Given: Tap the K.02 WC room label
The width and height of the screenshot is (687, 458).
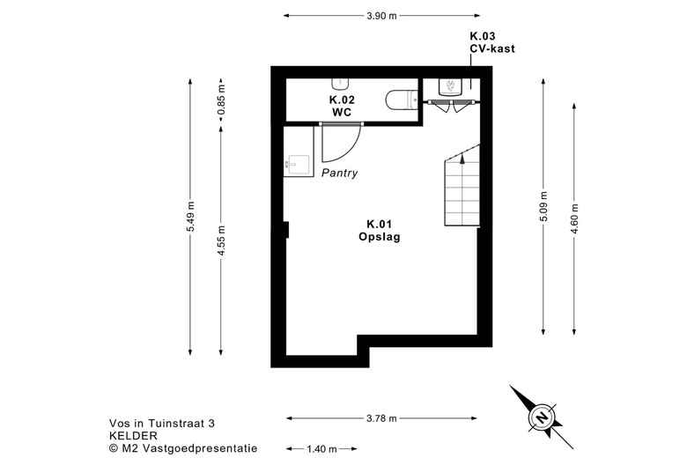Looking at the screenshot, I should [x=342, y=107].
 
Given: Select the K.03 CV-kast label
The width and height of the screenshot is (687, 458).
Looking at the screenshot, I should [x=491, y=43].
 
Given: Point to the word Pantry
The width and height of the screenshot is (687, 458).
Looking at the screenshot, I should [x=339, y=173].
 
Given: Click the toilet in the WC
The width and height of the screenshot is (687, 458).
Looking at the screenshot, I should [x=401, y=100].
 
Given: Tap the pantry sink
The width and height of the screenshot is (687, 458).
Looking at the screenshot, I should [x=297, y=164].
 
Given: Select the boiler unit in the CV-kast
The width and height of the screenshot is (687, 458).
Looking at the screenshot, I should [x=450, y=86].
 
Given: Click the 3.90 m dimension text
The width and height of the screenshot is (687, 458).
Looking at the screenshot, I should [x=381, y=15].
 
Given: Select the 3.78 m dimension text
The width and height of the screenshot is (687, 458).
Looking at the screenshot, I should [x=381, y=418].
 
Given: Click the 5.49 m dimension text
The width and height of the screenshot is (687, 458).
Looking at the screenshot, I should [x=190, y=217].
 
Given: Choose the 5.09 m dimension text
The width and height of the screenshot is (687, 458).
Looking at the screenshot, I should [x=543, y=208].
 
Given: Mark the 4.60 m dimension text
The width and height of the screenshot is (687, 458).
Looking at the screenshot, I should [x=575, y=218].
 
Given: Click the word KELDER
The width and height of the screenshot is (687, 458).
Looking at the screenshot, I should [x=133, y=435].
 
